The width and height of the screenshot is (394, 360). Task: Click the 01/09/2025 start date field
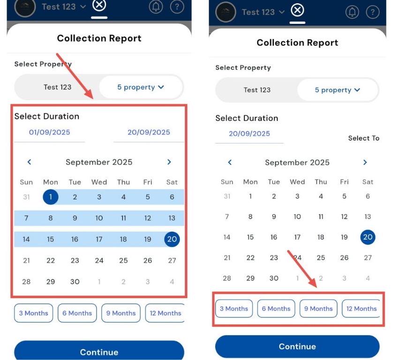pyautogui.click(x=50, y=132)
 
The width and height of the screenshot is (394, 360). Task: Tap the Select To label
pyautogui.click(x=364, y=138)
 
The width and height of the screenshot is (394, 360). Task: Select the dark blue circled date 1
pyautogui.click(x=51, y=197)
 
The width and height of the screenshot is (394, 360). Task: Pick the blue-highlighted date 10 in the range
pyautogui.click(x=99, y=218)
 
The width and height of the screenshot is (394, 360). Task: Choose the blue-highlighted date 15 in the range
pyautogui.click(x=51, y=239)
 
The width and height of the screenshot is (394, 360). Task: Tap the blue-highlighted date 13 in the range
pyautogui.click(x=172, y=218)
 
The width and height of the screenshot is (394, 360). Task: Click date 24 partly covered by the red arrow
pyautogui.click(x=297, y=257)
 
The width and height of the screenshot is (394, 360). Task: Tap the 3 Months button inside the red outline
pyautogui.click(x=234, y=308)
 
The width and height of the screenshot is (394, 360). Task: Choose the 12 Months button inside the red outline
pyautogui.click(x=361, y=308)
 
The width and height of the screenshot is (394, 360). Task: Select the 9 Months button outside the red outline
pyautogui.click(x=121, y=313)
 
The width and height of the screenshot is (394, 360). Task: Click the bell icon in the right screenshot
pyautogui.click(x=352, y=12)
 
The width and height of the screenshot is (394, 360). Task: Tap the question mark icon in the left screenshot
pyautogui.click(x=177, y=7)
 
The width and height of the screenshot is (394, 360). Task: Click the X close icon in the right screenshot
pyautogui.click(x=297, y=10)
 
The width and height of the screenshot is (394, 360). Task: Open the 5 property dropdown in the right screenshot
pyautogui.click(x=337, y=90)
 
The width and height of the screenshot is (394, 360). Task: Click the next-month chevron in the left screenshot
pyautogui.click(x=169, y=162)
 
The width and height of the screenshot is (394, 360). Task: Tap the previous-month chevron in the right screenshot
pyautogui.click(x=230, y=162)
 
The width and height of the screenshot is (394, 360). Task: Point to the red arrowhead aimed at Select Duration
pyautogui.click(x=89, y=94)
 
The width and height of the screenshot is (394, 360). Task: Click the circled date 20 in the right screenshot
pyautogui.click(x=368, y=237)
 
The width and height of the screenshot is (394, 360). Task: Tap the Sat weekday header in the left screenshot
pyautogui.click(x=172, y=182)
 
